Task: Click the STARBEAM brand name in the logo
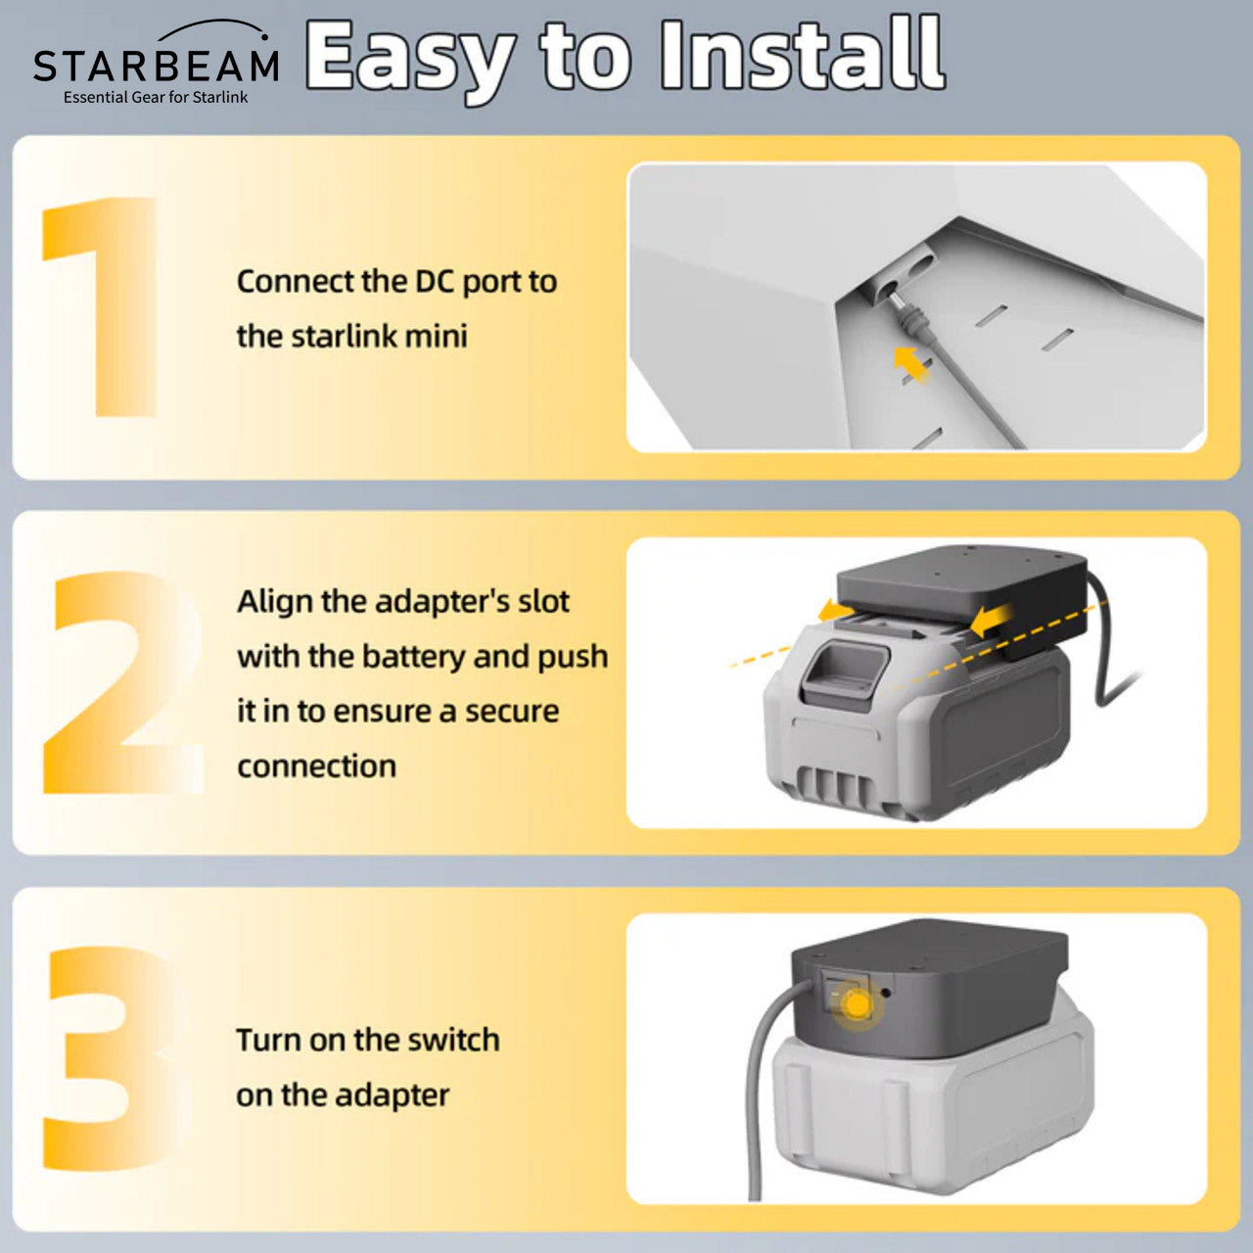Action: (x=156, y=66)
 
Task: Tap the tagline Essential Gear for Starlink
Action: (x=156, y=97)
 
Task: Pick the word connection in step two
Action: (x=316, y=766)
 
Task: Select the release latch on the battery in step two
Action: (x=843, y=673)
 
